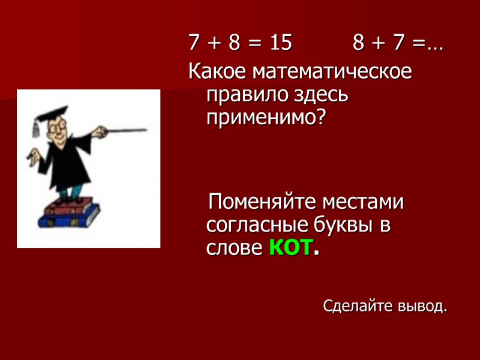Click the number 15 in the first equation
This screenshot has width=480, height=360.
280,43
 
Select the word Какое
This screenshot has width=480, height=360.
218,72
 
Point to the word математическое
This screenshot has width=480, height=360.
332,72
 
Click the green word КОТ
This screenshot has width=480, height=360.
290,247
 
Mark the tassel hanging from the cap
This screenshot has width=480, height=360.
35,127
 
